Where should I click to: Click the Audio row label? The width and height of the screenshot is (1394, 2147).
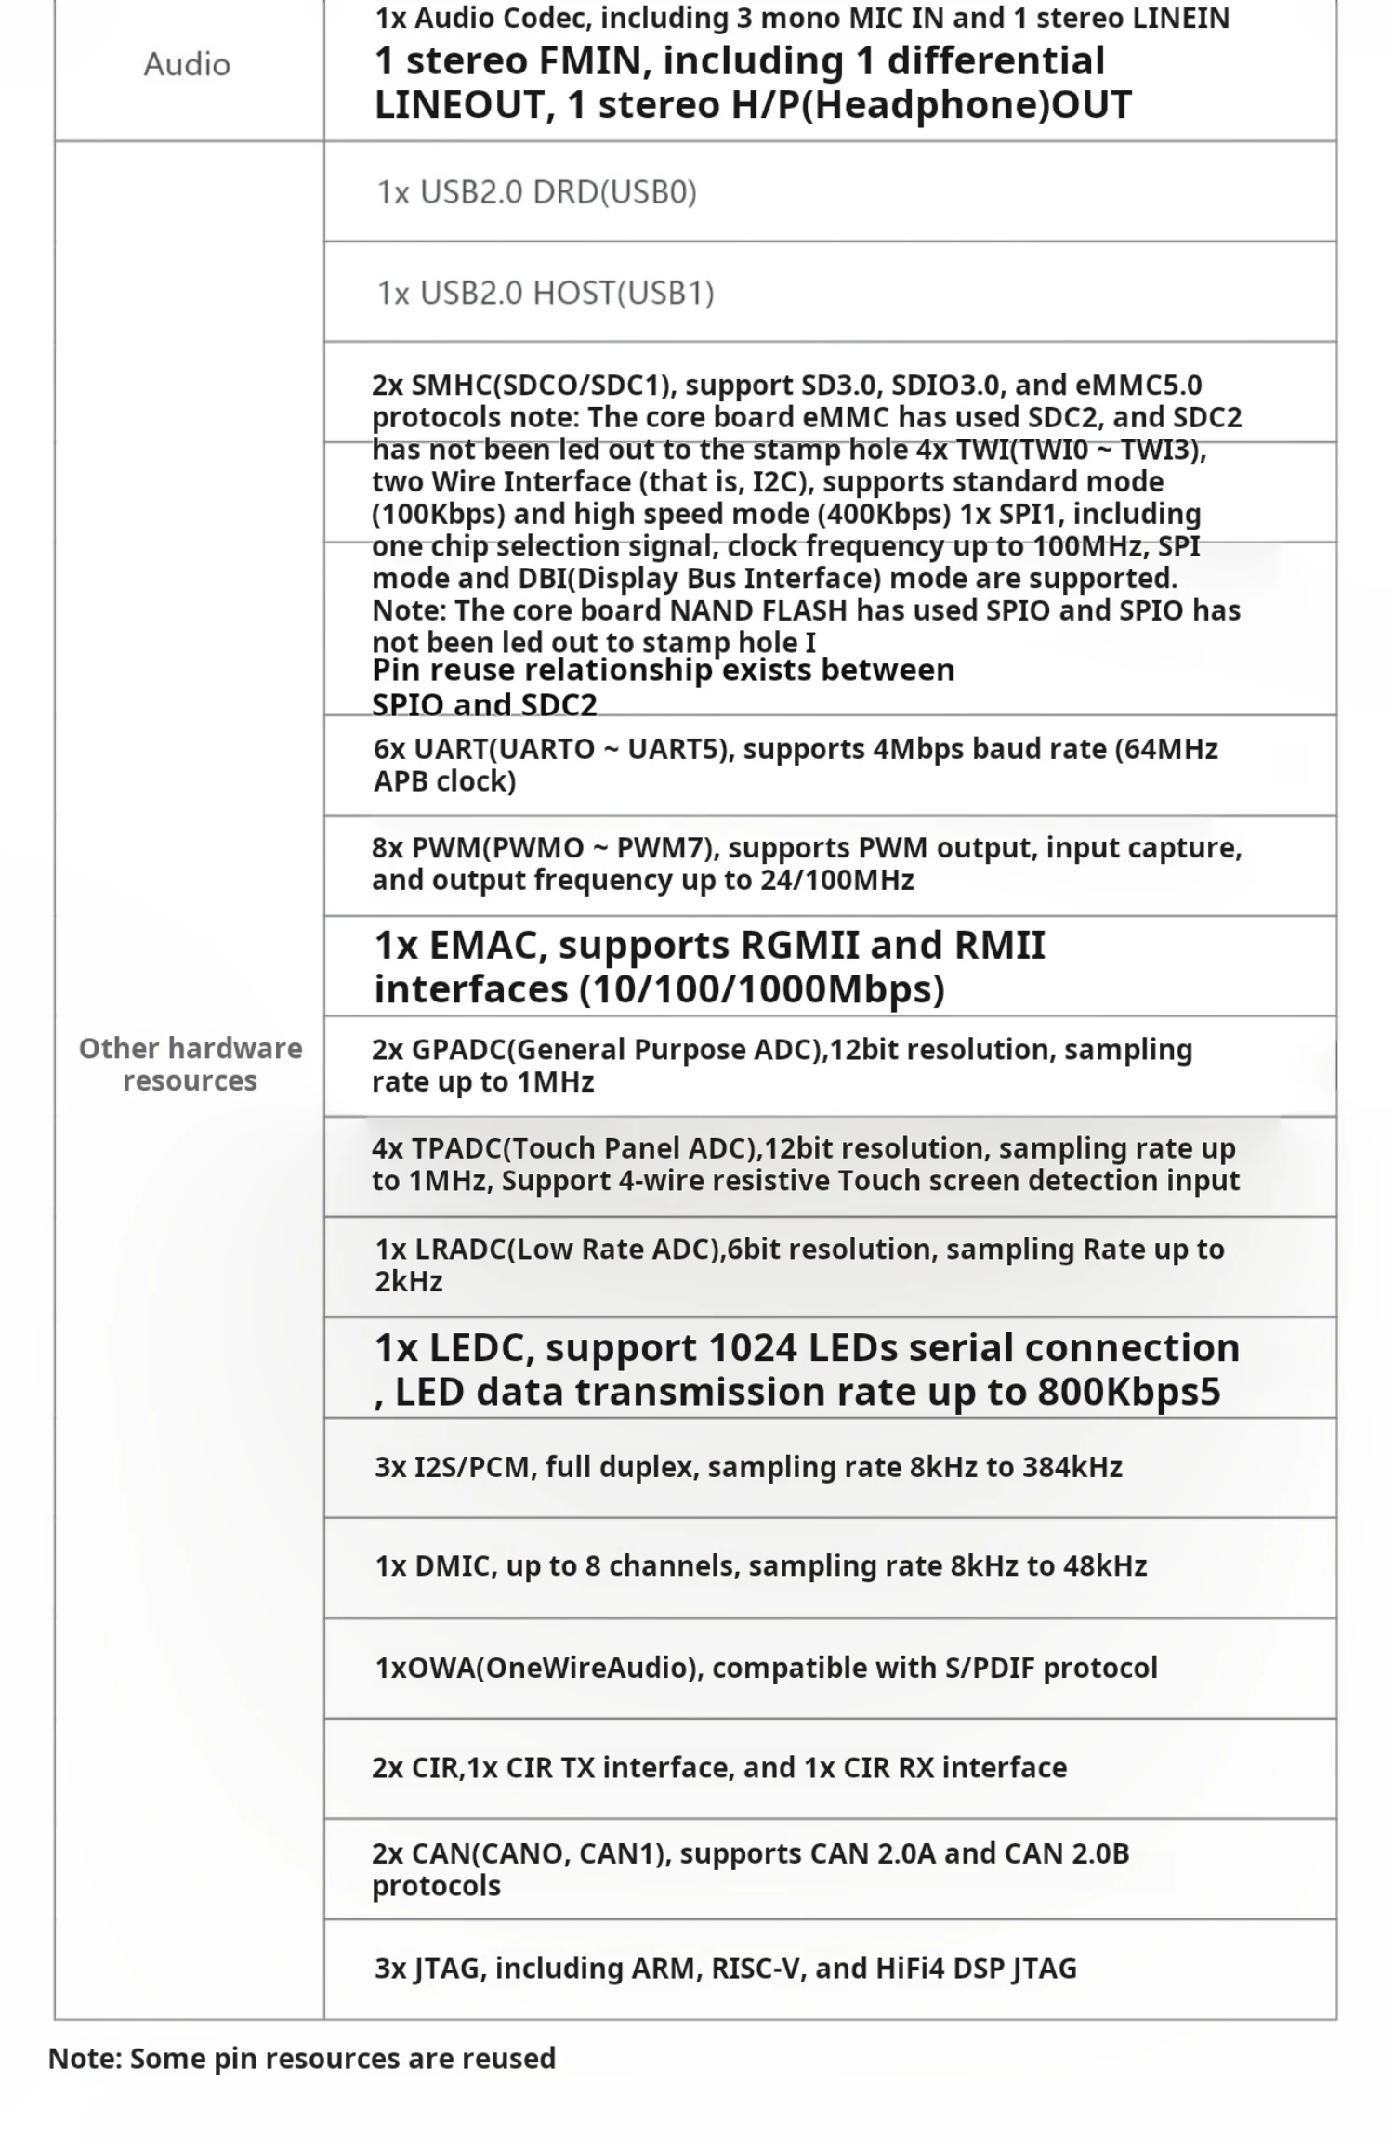[187, 64]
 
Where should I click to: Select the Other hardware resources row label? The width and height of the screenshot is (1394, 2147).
[191, 1065]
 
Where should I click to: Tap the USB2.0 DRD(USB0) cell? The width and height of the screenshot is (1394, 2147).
[536, 192]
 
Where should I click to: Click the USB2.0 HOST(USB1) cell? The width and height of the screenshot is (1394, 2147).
[546, 294]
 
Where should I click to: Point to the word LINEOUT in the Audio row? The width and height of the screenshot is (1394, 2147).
[458, 105]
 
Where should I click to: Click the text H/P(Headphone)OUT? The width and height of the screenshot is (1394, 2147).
[931, 105]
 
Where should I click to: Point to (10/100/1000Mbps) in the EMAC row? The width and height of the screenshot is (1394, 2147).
[762, 989]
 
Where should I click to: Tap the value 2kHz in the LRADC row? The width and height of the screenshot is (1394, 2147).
[409, 1282]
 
